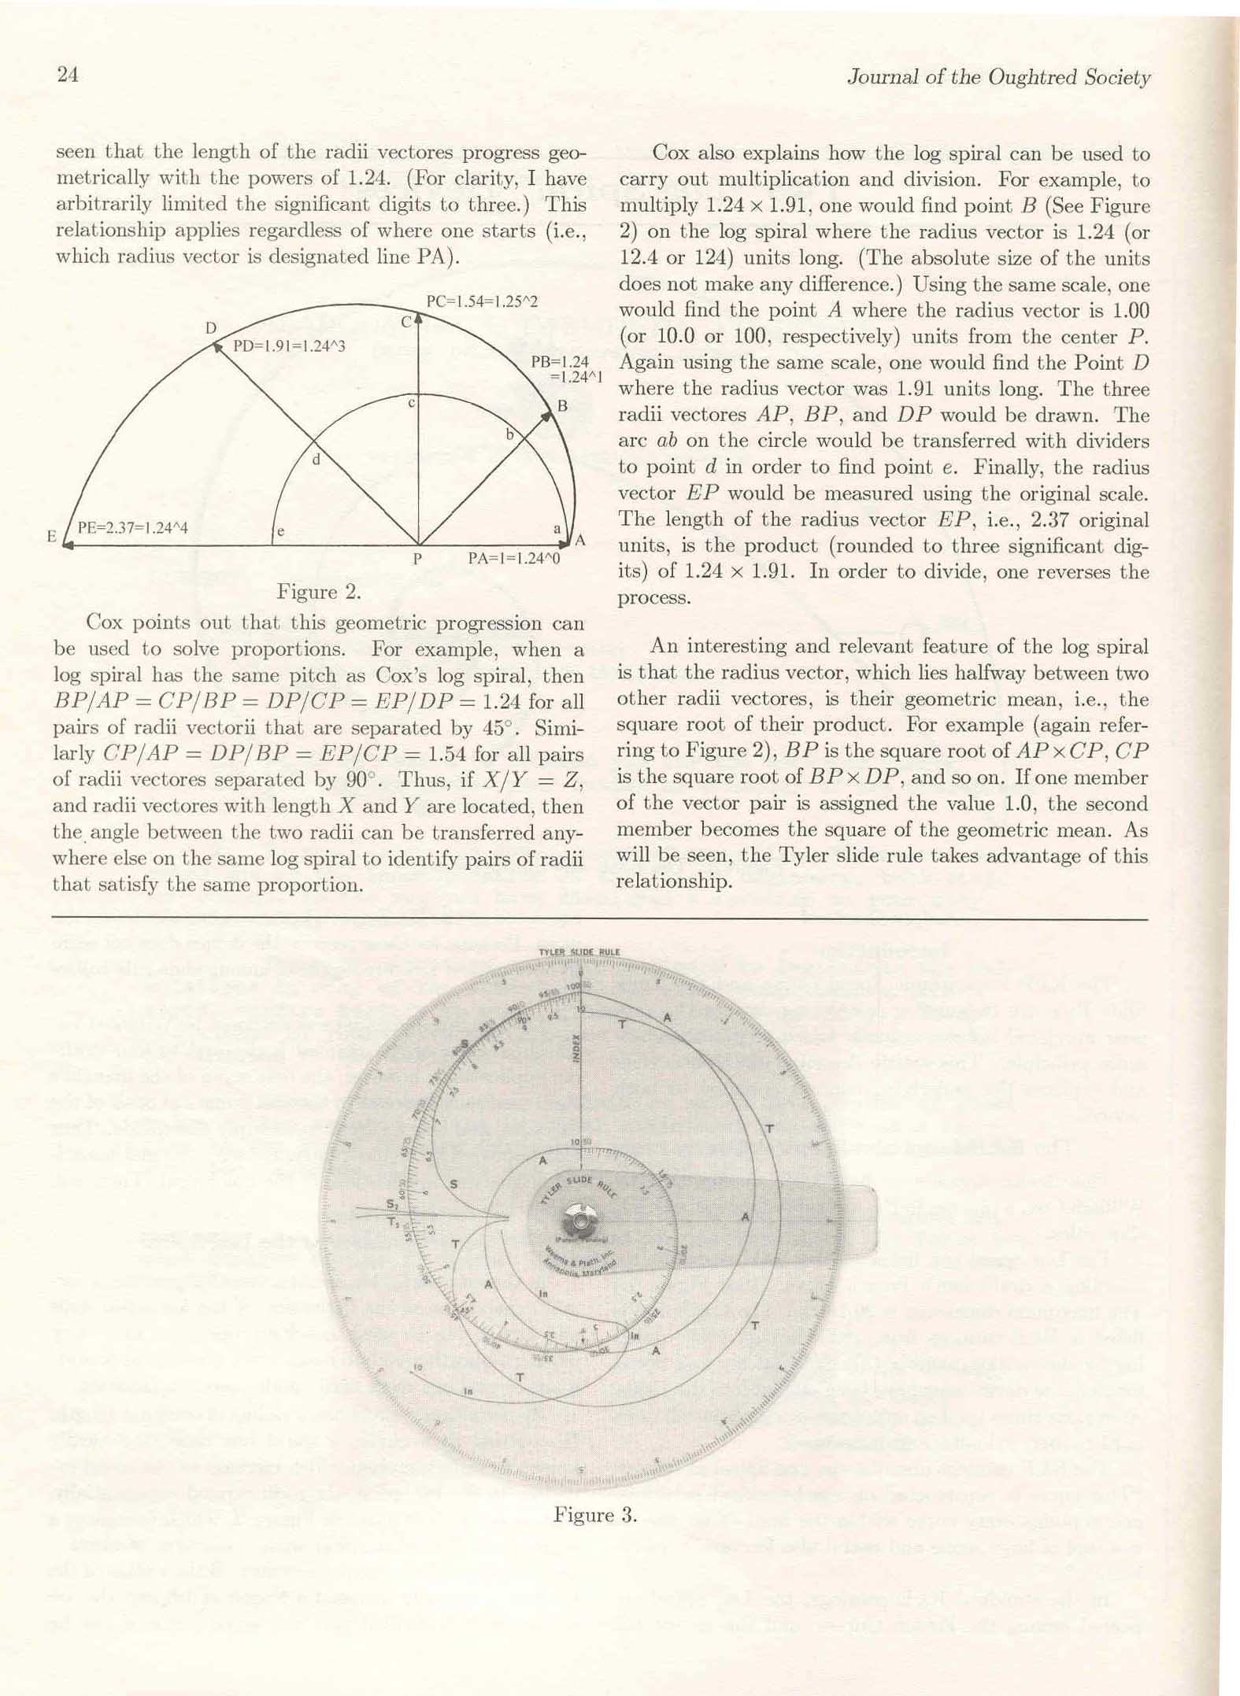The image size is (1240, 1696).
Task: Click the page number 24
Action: (68, 75)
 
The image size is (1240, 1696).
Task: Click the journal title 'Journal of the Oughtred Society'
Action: (998, 77)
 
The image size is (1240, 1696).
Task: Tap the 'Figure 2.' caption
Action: (319, 592)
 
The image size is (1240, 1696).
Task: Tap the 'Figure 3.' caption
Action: (594, 1514)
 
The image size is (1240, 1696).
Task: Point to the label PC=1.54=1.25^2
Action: (482, 301)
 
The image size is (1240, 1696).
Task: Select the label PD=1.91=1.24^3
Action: (289, 345)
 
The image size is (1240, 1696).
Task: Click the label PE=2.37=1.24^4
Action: (132, 527)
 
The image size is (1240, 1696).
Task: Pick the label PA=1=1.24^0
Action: (513, 559)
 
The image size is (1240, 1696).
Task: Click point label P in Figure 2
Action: (417, 559)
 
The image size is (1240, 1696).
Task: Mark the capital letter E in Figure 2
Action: (52, 537)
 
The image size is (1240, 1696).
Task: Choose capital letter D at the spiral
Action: (211, 327)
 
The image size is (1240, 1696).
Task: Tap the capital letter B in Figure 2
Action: (562, 406)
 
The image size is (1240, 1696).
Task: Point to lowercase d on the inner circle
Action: (316, 460)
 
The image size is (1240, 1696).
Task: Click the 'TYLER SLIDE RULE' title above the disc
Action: (579, 952)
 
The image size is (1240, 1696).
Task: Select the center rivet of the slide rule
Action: (580, 1221)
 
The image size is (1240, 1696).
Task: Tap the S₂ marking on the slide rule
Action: (392, 1204)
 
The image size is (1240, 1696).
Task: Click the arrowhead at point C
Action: (418, 319)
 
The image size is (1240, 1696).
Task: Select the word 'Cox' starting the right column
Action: (672, 153)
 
